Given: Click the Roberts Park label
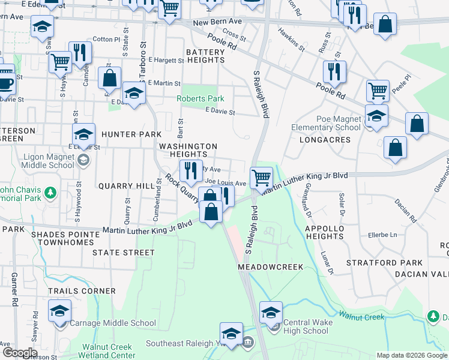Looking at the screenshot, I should (200, 98).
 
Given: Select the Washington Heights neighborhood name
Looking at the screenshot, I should (188, 150).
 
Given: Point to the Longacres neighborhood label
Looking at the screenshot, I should (324, 140).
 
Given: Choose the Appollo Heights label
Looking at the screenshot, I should (325, 233).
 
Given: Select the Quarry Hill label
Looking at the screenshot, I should (127, 186).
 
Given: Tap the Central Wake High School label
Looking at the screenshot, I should (306, 326).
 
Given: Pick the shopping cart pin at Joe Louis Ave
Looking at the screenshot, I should (261, 177).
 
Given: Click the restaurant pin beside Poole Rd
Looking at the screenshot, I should (331, 72).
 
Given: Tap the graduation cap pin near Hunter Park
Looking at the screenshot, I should (84, 134).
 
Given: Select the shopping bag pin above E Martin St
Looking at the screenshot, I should (110, 78).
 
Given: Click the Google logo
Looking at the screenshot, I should (19, 353).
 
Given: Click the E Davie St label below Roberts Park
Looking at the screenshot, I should (220, 111).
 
